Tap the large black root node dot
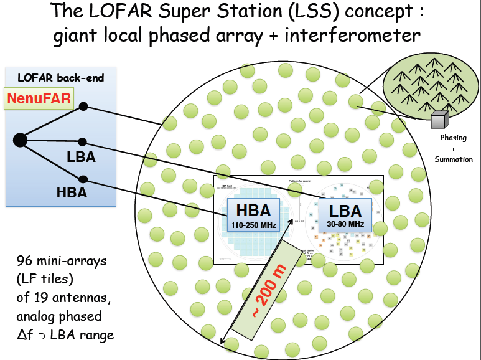(x=20, y=140)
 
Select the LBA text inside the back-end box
(x=81, y=156)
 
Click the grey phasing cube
(x=439, y=120)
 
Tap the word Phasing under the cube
(x=453, y=138)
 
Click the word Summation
(x=453, y=160)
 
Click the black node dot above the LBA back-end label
(x=83, y=142)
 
